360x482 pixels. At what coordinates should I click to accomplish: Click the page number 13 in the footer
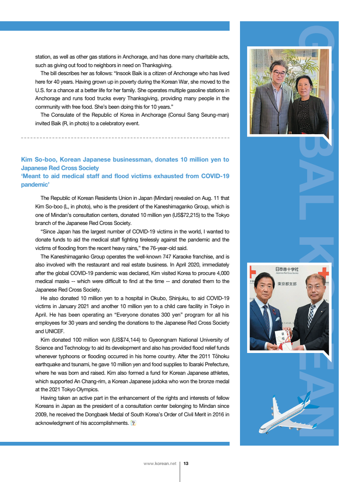point(186,464)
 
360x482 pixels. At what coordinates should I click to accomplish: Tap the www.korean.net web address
point(160,464)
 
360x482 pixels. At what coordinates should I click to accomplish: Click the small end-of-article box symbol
point(133,423)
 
